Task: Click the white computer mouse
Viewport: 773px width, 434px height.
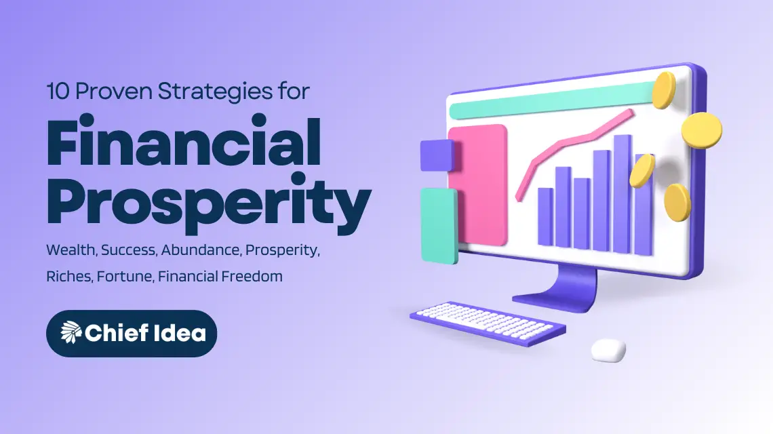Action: pyautogui.click(x=608, y=350)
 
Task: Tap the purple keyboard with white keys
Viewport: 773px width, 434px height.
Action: pyautogui.click(x=488, y=324)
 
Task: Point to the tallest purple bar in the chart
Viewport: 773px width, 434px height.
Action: pyautogui.click(x=622, y=193)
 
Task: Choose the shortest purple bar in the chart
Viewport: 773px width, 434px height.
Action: pyautogui.click(x=545, y=216)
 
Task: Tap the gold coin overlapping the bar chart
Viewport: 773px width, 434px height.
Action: pyautogui.click(x=641, y=171)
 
